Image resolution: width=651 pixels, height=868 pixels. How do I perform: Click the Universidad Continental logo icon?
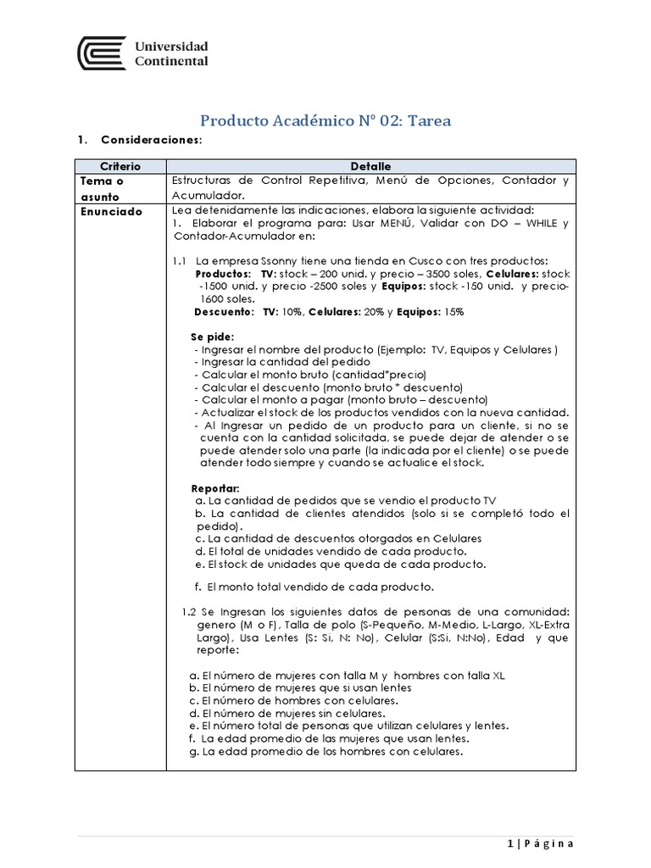coord(101,53)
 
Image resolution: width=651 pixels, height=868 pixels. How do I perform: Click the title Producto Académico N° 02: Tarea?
coord(325,121)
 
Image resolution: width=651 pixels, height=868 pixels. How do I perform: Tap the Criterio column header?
coord(120,166)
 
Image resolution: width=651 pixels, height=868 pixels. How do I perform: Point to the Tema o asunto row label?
coord(103,188)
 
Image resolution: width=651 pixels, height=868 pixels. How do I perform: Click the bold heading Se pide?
coord(212,337)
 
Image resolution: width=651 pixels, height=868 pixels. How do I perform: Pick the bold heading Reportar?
coord(215,489)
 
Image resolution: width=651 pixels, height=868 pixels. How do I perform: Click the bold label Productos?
coord(223,275)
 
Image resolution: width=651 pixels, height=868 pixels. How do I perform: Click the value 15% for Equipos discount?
coord(453,312)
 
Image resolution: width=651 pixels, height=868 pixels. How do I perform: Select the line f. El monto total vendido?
coord(314,587)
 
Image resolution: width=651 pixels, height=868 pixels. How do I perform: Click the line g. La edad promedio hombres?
coord(325,752)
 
